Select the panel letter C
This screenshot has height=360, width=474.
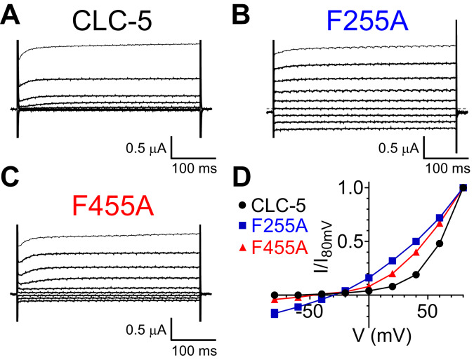tap(11, 182)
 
